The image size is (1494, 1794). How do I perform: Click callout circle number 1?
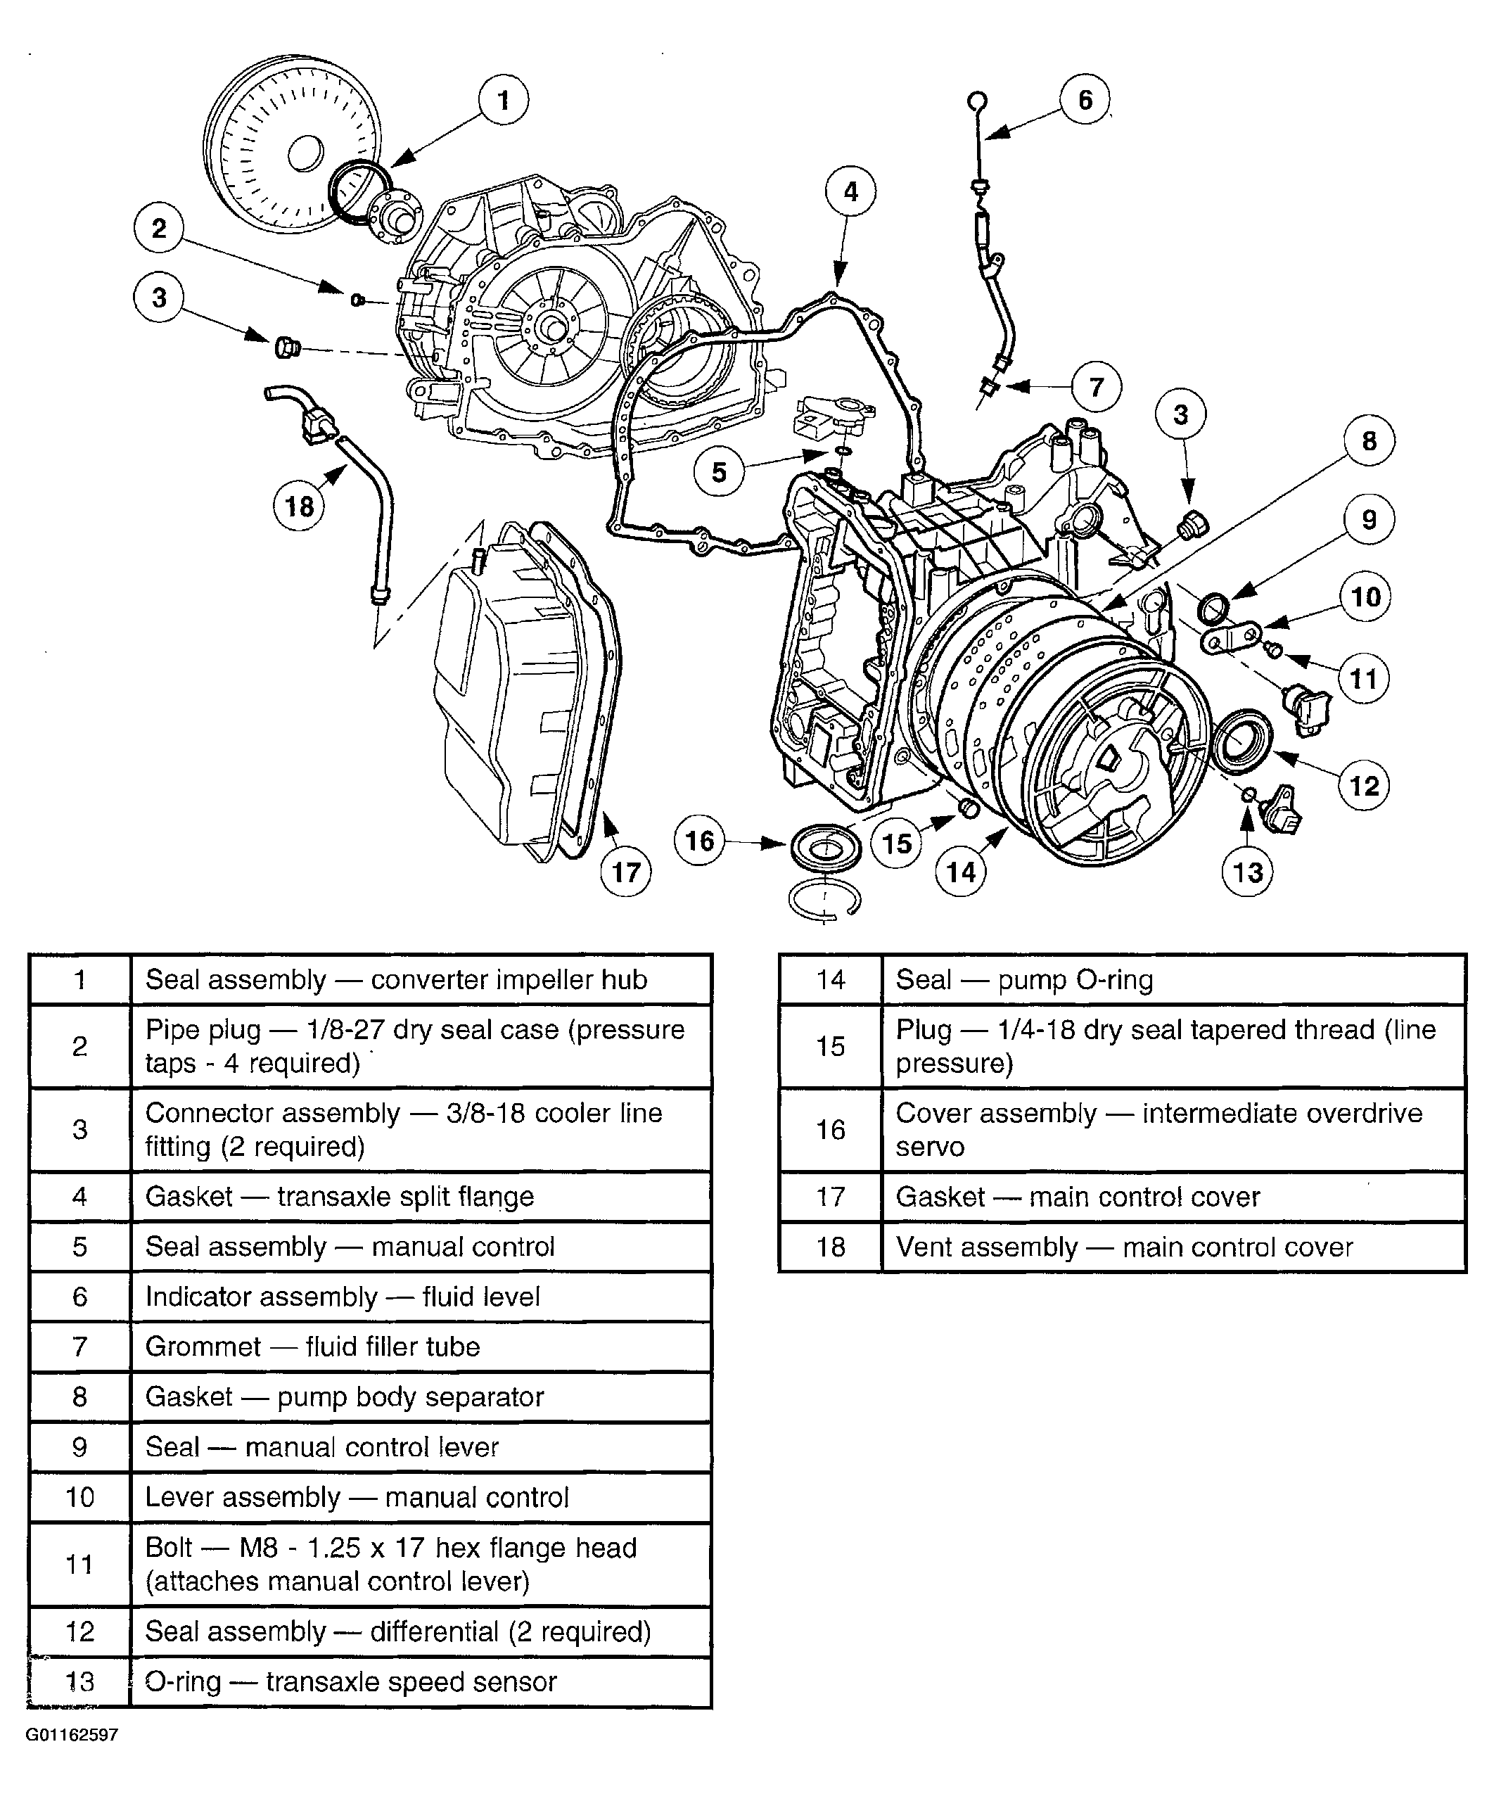503,101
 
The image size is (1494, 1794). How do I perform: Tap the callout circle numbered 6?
1085,100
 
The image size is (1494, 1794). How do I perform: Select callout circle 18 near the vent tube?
299,507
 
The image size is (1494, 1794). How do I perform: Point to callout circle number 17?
626,872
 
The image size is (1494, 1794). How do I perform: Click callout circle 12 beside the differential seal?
1364,785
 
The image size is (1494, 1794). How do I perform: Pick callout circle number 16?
700,841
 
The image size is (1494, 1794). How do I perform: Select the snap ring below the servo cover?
824,901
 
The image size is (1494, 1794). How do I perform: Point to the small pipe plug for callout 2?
358,299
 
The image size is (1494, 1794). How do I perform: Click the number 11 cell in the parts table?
79,1563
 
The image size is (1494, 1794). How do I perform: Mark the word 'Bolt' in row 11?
168,1547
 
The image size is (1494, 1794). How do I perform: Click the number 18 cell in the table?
830,1247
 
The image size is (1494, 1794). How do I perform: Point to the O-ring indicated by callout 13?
1248,794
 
